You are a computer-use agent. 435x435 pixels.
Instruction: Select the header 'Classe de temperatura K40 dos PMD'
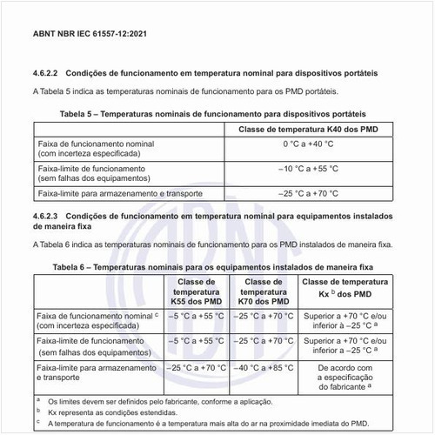pos(313,130)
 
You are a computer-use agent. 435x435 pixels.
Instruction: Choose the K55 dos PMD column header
pos(197,291)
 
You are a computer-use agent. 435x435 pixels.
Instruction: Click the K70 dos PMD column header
pos(263,291)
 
